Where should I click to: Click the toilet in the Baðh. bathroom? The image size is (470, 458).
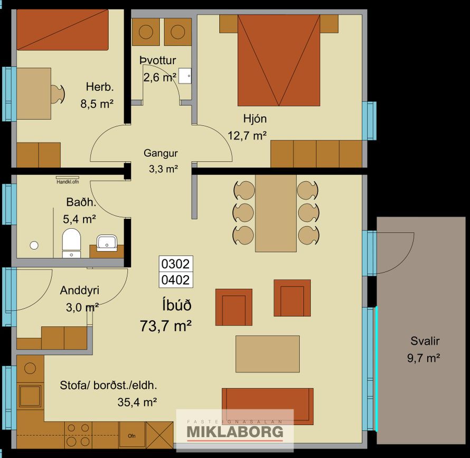(71, 243)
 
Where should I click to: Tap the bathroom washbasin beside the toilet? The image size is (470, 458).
(106, 242)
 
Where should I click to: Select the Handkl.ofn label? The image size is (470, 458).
(68, 182)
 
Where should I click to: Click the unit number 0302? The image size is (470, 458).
(176, 264)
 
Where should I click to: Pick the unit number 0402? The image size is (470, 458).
(176, 280)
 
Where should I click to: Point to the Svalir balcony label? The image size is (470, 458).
(425, 341)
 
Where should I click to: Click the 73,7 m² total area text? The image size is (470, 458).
(166, 326)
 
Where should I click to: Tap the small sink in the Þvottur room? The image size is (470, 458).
(185, 76)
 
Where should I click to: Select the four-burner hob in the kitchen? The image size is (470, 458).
(78, 435)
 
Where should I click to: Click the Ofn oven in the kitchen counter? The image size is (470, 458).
(132, 435)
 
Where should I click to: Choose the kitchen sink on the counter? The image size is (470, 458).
(30, 395)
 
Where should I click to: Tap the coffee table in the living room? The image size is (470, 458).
(267, 354)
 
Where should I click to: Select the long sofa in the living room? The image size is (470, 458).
(268, 406)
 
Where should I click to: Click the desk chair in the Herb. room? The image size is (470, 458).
(58, 94)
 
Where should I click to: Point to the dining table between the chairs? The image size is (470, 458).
(276, 213)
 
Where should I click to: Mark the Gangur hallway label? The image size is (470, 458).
(161, 153)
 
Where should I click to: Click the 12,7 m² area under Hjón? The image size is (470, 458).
(247, 136)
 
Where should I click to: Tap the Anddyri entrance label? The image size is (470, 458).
(79, 291)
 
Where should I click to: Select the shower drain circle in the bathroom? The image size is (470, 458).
(34, 245)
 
